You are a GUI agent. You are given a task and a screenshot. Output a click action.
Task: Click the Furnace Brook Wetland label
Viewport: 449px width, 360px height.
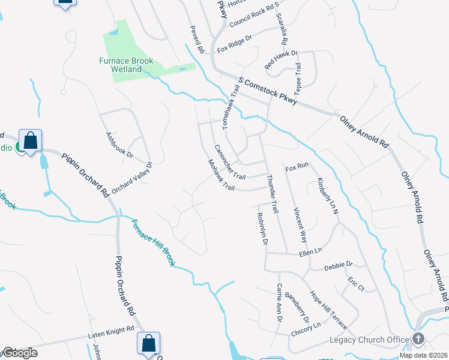(x=126, y=65)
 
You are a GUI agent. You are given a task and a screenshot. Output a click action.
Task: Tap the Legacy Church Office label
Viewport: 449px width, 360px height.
(x=368, y=340)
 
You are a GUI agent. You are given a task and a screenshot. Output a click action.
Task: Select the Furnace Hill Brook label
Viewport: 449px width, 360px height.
(x=153, y=242)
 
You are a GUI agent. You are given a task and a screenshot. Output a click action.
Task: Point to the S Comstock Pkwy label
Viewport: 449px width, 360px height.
(x=267, y=91)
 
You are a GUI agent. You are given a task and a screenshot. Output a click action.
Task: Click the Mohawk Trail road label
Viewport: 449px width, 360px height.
(x=220, y=175)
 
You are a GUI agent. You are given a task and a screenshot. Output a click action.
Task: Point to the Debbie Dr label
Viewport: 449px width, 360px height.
(x=338, y=265)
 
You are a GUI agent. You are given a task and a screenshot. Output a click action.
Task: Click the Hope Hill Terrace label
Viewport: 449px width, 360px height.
(x=328, y=310)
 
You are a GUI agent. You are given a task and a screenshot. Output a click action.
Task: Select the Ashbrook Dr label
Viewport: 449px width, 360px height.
(x=119, y=145)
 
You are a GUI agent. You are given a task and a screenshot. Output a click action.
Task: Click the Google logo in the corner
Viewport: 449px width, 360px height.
(x=19, y=352)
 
